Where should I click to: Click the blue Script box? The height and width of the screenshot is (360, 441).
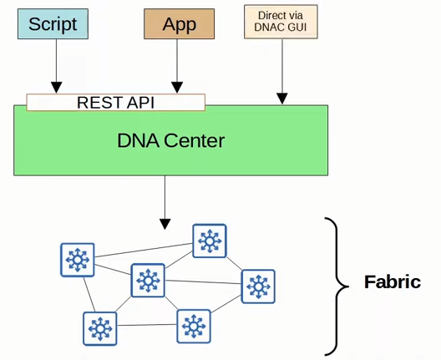click(53, 23)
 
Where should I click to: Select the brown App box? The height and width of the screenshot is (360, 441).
click(179, 23)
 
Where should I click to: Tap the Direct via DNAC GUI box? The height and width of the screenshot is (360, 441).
click(281, 22)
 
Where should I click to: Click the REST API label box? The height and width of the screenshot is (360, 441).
click(115, 103)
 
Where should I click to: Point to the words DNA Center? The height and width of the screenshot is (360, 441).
click(170, 140)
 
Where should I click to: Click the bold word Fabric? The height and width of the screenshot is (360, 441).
click(393, 281)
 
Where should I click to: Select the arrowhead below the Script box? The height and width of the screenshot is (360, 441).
click(56, 87)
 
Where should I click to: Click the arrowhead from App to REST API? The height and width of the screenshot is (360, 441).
click(177, 87)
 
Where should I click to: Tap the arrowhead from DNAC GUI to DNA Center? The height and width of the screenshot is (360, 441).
click(282, 99)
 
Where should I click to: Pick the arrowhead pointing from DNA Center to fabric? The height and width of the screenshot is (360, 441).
click(165, 224)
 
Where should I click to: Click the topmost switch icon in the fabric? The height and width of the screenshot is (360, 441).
click(210, 241)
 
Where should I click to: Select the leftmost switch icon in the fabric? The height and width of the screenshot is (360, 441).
click(78, 260)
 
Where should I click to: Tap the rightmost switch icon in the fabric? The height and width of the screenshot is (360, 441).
click(258, 286)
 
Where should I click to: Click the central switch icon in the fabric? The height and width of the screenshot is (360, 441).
click(148, 281)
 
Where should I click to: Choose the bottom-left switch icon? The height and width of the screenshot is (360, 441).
click(100, 328)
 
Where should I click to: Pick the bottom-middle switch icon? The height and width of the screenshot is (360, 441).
click(194, 327)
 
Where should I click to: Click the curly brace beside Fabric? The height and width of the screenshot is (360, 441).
click(337, 286)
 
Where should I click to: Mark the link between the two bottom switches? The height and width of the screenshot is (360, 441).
click(147, 325)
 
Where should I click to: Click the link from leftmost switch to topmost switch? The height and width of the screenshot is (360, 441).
click(144, 250)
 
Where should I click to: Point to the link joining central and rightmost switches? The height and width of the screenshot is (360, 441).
click(203, 282)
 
